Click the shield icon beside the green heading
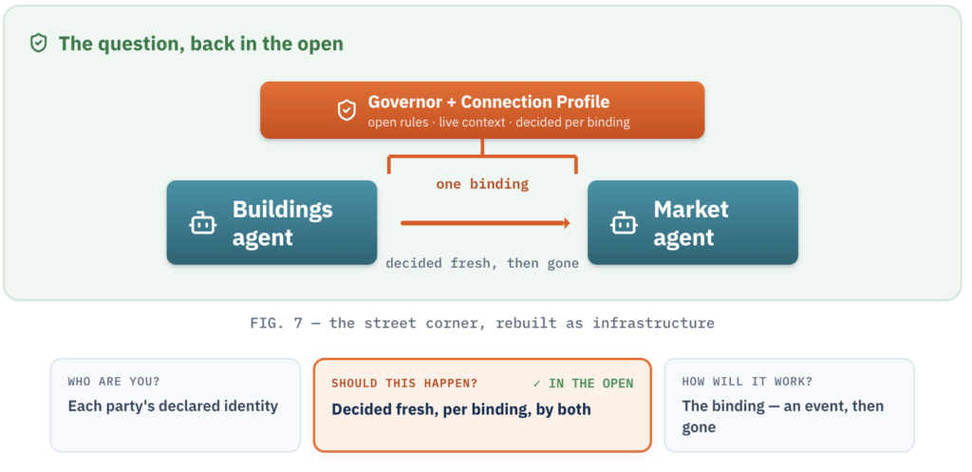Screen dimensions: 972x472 click(38, 44)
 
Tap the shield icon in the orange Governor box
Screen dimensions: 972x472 click(346, 110)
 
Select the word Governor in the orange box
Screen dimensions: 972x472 click(402, 102)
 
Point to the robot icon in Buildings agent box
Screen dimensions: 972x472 click(203, 223)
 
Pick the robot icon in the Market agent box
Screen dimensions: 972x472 click(624, 223)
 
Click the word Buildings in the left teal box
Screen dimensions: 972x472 click(283, 209)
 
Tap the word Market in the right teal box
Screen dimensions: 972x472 click(691, 209)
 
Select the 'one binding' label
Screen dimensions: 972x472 click(482, 184)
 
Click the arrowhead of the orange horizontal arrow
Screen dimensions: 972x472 click(567, 222)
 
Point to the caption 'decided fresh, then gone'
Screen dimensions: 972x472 click(482, 264)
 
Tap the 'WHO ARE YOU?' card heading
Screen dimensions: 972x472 click(114, 382)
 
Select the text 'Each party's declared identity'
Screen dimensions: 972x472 click(173, 406)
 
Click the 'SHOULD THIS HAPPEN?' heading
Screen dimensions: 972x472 click(404, 384)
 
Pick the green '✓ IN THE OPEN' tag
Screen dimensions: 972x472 click(584, 384)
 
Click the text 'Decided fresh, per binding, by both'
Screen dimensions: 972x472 click(461, 409)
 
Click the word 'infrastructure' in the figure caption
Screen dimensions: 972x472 click(653, 323)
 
